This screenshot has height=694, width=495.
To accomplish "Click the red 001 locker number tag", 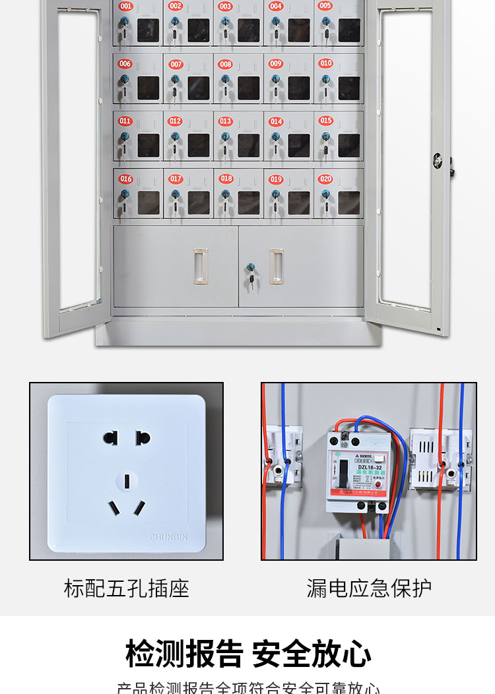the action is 125,7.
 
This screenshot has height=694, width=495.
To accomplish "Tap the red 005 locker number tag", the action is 325,6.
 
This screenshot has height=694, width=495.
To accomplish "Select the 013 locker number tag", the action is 225,121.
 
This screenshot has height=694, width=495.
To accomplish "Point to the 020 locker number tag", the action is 325,179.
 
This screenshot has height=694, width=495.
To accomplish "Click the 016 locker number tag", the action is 125,179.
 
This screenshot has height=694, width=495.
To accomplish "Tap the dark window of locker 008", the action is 248,88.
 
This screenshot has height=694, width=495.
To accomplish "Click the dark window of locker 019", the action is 298,203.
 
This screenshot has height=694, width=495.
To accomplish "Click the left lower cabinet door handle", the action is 200,267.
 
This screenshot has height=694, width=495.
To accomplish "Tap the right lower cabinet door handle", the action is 276,267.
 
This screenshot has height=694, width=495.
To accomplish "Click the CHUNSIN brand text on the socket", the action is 168,538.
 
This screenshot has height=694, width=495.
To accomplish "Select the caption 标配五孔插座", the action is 126,588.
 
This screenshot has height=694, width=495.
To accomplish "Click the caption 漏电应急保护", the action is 369,588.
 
